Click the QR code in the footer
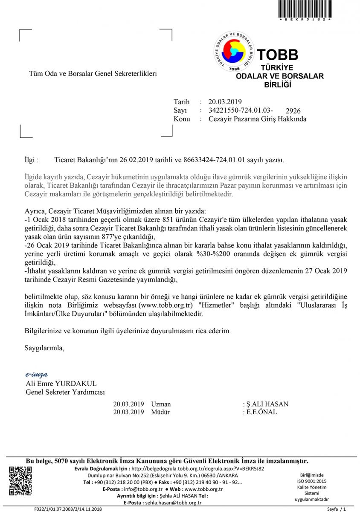tap(20, 481)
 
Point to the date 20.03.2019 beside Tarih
tap(225, 102)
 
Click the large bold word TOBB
tap(277, 55)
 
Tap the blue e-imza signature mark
tap(37, 375)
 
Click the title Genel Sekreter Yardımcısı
tap(65, 392)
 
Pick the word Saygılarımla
tap(44, 347)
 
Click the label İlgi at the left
tap(32, 160)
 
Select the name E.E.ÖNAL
tap(261, 412)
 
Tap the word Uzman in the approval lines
tap(161, 404)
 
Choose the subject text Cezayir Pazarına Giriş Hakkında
tap(258, 119)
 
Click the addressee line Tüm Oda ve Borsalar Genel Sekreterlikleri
tap(93, 73)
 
